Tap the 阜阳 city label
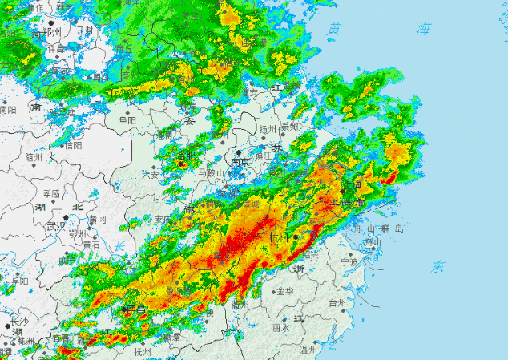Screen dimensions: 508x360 (x=127, y=120)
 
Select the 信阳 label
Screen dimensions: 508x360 (x=74, y=146)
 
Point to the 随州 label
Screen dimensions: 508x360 (x=34, y=157)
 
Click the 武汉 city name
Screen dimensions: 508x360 (x=55, y=227)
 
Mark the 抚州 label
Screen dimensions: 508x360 (x=143, y=352)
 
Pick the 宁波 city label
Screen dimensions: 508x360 (x=349, y=261)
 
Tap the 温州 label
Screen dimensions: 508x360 (x=309, y=350)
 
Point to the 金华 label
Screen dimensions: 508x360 (x=284, y=291)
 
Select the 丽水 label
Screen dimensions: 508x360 (x=280, y=328)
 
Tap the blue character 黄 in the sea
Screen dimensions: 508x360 (x=335, y=29)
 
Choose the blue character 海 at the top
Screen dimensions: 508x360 (x=422, y=29)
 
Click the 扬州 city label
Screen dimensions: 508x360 (x=268, y=128)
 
